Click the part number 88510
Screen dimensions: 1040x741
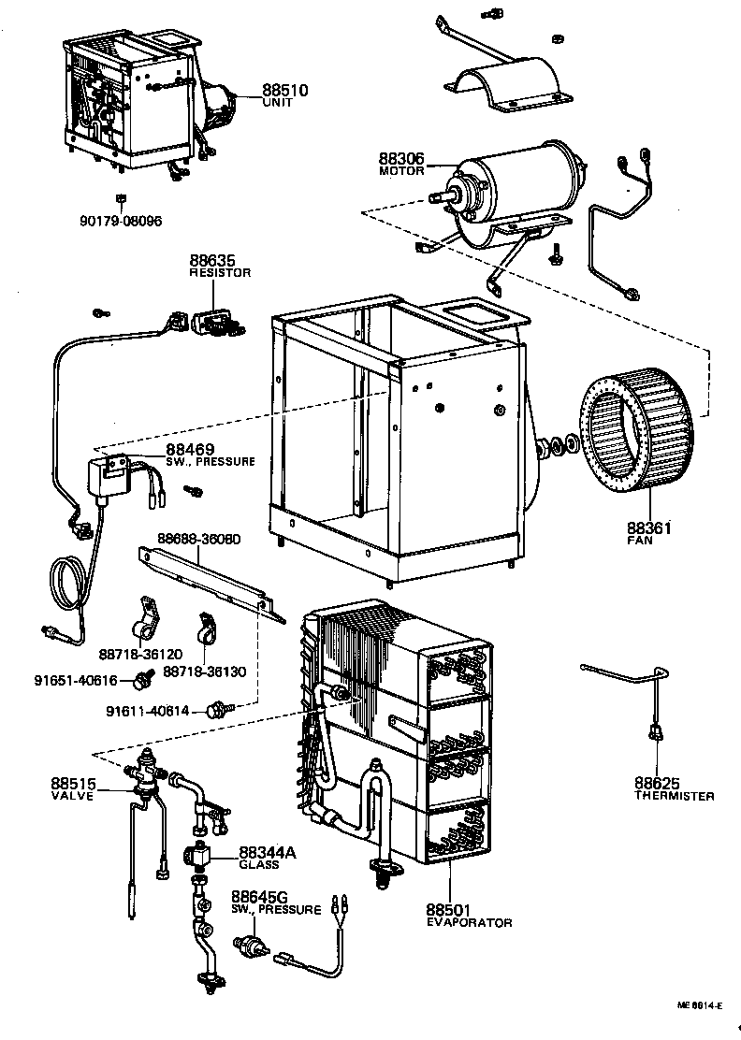pyautogui.click(x=284, y=90)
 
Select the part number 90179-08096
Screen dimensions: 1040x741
pyautogui.click(x=121, y=222)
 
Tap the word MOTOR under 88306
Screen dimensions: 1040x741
pyautogui.click(x=401, y=171)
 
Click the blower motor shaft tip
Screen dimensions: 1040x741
pyautogui.click(x=436, y=197)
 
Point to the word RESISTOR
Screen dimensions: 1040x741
pyautogui.click(x=220, y=273)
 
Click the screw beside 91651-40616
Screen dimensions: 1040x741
pyautogui.click(x=145, y=676)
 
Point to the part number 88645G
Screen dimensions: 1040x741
pyautogui.click(x=260, y=897)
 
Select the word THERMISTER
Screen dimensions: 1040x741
pyautogui.click(x=674, y=796)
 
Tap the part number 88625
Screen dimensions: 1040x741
pyautogui.click(x=656, y=783)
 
